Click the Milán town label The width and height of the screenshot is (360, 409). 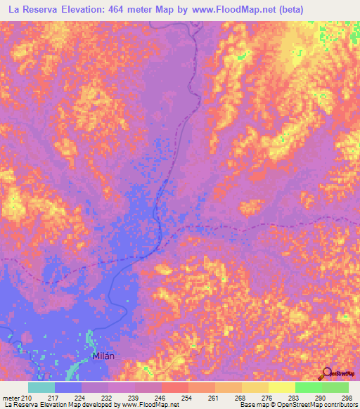[103, 356]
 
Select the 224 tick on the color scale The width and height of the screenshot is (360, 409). [90, 398]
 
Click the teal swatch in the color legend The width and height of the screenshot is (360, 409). [41, 387]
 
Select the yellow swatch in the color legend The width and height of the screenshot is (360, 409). [281, 387]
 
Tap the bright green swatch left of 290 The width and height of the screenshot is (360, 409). [308, 387]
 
